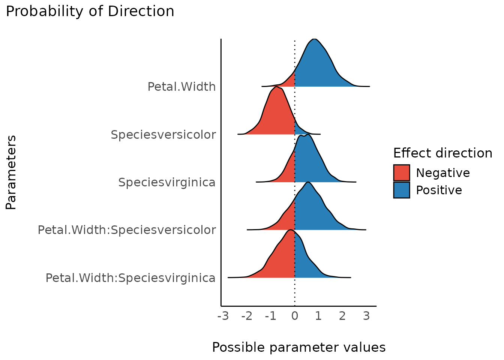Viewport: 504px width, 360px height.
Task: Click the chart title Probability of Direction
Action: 90,11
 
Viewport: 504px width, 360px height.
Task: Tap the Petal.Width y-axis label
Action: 181,87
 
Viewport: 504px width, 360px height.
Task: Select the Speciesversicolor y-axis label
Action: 163,134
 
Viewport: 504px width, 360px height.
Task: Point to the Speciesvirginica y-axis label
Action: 167,182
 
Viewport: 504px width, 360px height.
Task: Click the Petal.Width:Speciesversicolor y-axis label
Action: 127,229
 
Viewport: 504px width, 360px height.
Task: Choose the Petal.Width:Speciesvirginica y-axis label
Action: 130,278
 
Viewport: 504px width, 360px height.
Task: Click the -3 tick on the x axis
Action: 223,316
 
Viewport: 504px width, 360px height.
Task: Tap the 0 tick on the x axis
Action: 295,316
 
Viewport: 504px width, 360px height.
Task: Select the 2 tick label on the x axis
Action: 342,316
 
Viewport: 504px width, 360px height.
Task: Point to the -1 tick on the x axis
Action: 271,316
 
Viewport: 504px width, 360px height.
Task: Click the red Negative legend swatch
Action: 401,173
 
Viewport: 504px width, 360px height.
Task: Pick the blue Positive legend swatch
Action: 401,190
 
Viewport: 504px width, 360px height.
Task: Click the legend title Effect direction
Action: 442,153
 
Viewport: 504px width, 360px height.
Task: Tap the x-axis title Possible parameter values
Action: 299,347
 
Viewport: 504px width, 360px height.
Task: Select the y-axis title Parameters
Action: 11,172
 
